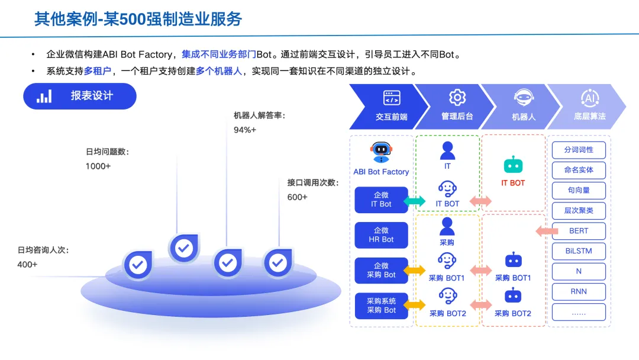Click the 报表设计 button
coord(80,96)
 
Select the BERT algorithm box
coord(579,231)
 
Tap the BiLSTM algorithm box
coord(579,251)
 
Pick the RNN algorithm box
coord(579,291)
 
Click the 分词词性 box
coord(579,150)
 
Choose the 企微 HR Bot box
coord(381,235)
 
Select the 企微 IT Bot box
coord(381,200)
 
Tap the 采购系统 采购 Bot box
coord(381,306)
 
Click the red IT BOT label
coord(513,183)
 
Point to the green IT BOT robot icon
coord(513,165)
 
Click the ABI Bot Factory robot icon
coord(381,152)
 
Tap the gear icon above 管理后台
coord(457,98)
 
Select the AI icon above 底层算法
coord(590,98)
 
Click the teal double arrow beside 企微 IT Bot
coord(414,201)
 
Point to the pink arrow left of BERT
coord(543,231)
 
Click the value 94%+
coord(245,130)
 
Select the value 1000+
coord(98,166)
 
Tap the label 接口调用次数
coord(313,183)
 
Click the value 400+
coord(27,265)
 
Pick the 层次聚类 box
coord(579,210)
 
